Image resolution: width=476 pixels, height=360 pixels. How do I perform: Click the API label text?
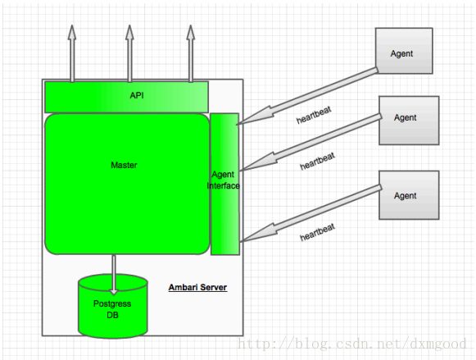(x=137, y=95)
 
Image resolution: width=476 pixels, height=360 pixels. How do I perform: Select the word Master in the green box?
(x=124, y=165)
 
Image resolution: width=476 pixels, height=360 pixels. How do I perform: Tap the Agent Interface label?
(x=224, y=180)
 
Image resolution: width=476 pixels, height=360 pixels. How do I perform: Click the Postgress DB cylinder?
(x=113, y=306)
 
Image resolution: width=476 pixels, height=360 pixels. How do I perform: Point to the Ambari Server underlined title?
(x=197, y=287)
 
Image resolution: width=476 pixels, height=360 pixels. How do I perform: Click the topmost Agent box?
(x=404, y=51)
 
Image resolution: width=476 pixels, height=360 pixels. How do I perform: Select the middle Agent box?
(x=409, y=121)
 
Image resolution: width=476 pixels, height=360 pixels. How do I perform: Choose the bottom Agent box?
(x=409, y=195)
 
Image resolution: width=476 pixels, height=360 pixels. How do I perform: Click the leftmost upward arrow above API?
(x=72, y=53)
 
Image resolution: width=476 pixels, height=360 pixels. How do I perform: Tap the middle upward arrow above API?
(x=129, y=53)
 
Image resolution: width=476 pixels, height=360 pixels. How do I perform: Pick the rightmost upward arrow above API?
(x=191, y=53)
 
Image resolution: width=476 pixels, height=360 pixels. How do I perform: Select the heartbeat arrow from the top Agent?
(x=307, y=96)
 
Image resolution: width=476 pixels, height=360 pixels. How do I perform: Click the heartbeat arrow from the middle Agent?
(x=311, y=142)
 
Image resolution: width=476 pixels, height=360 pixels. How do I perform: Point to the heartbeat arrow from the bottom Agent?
(x=311, y=213)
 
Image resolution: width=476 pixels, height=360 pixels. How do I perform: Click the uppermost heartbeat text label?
(x=314, y=115)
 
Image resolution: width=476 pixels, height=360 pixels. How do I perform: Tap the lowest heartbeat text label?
(x=318, y=232)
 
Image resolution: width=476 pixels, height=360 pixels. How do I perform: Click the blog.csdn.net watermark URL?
(x=352, y=344)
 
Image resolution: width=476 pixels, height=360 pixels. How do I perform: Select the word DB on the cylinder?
(x=112, y=315)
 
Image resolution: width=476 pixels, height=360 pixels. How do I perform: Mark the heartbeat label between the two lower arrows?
(x=318, y=162)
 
